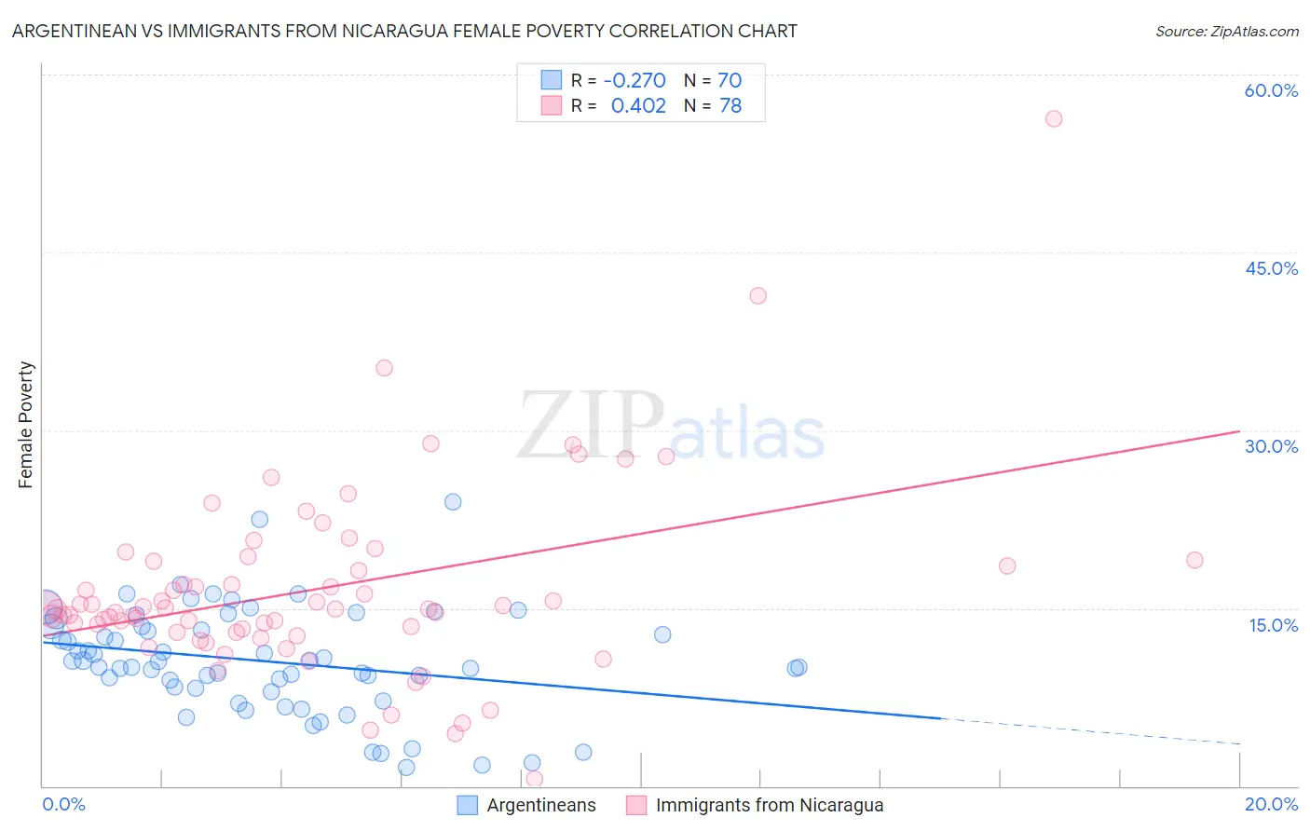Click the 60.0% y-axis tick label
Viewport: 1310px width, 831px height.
[x=1271, y=90]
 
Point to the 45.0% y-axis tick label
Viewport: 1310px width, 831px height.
[x=1271, y=268]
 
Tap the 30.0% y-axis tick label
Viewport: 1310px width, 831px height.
[x=1271, y=446]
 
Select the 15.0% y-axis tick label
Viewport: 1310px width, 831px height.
[x=1273, y=624]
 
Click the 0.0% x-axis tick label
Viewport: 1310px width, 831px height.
[x=63, y=804]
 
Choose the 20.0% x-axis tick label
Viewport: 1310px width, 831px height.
[x=1271, y=804]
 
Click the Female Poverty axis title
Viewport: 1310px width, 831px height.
[x=26, y=425]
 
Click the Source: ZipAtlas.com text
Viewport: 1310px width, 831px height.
[x=1226, y=31]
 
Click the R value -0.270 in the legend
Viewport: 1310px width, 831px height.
[x=635, y=81]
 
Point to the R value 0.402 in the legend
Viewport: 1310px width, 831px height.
[x=638, y=106]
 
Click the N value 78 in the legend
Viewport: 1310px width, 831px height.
[x=730, y=106]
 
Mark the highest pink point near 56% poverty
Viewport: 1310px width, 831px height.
[x=1054, y=118]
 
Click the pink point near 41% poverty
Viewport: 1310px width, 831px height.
[x=757, y=295]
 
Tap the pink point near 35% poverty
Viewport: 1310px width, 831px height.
[x=384, y=368]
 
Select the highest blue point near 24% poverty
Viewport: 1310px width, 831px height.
[x=453, y=501]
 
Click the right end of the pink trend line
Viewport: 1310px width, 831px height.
[x=1239, y=431]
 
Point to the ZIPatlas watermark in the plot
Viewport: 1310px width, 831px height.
[x=671, y=427]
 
